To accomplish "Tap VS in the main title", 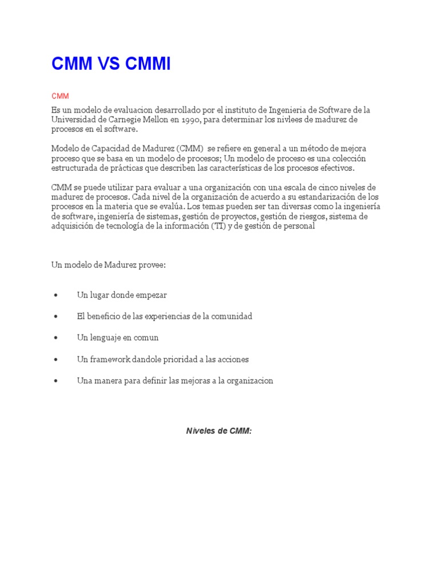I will point(108,65).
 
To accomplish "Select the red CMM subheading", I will point(60,96).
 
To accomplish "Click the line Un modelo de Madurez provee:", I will point(108,265).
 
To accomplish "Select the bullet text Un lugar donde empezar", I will point(122,295).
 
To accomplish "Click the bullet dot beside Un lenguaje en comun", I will point(55,338).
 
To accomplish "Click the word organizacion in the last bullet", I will point(248,380).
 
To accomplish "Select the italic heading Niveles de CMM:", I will point(219,431).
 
